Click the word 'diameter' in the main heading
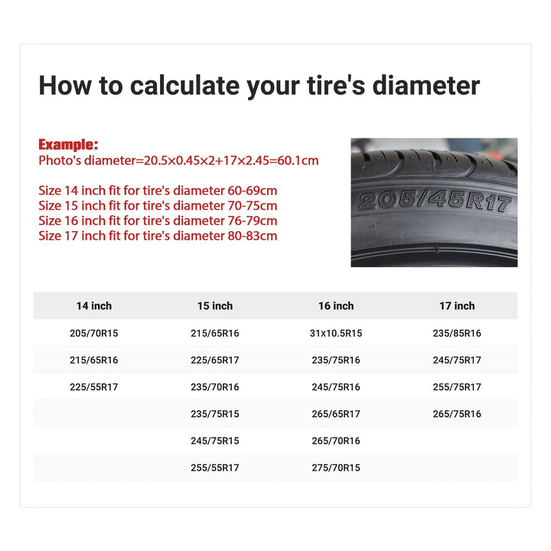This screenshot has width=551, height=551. point(426,86)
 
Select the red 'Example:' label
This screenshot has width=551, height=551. point(68,145)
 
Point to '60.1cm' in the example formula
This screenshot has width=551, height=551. point(298,160)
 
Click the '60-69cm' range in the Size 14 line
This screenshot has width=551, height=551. point(253,191)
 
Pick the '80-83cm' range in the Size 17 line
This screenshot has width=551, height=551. point(253,236)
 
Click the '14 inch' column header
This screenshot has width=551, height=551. point(94,305)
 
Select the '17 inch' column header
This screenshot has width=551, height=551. point(457,305)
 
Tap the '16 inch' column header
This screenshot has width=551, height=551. point(336,305)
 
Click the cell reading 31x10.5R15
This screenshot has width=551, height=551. point(336,333)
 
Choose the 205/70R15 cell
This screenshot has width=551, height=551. point(94,333)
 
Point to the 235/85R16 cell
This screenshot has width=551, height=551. point(457,333)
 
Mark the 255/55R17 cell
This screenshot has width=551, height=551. point(215,468)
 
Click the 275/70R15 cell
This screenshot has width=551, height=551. point(336,468)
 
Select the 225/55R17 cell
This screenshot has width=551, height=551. point(94,387)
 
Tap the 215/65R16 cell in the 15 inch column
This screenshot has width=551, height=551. point(215,333)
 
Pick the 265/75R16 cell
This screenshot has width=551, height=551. point(457,414)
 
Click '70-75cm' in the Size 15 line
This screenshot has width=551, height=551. point(253,206)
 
